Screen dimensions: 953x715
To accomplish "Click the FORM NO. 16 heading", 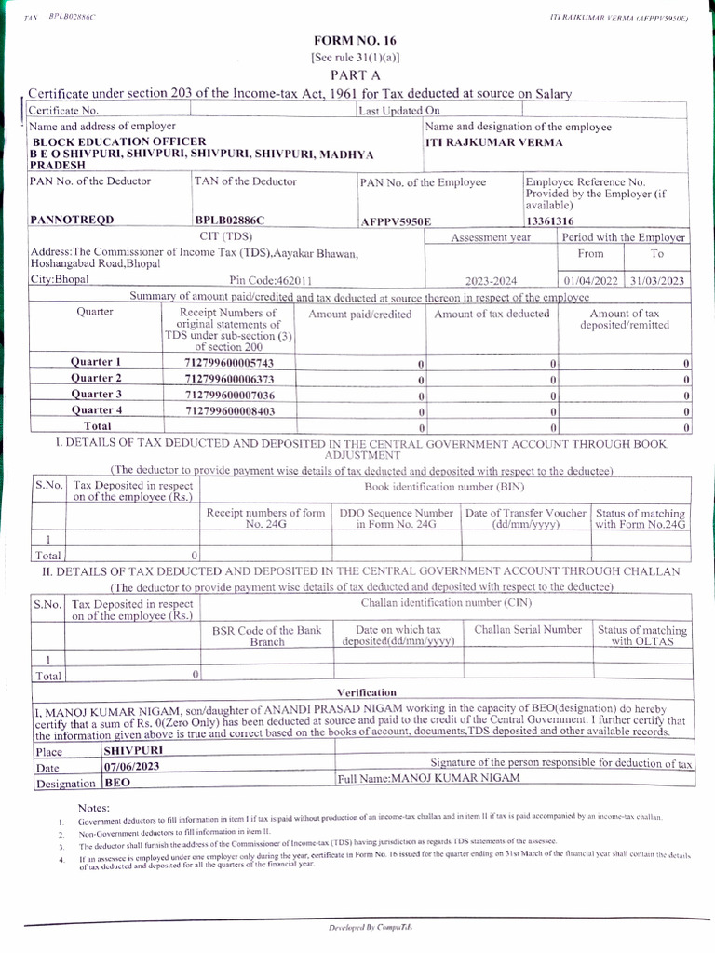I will (355, 41).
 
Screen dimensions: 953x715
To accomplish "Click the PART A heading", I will (354, 74).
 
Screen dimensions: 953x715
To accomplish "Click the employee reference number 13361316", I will (549, 221).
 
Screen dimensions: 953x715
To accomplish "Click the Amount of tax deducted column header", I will (492, 314).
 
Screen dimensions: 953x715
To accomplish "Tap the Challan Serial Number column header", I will (527, 630).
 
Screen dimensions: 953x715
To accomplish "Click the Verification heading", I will (366, 692).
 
